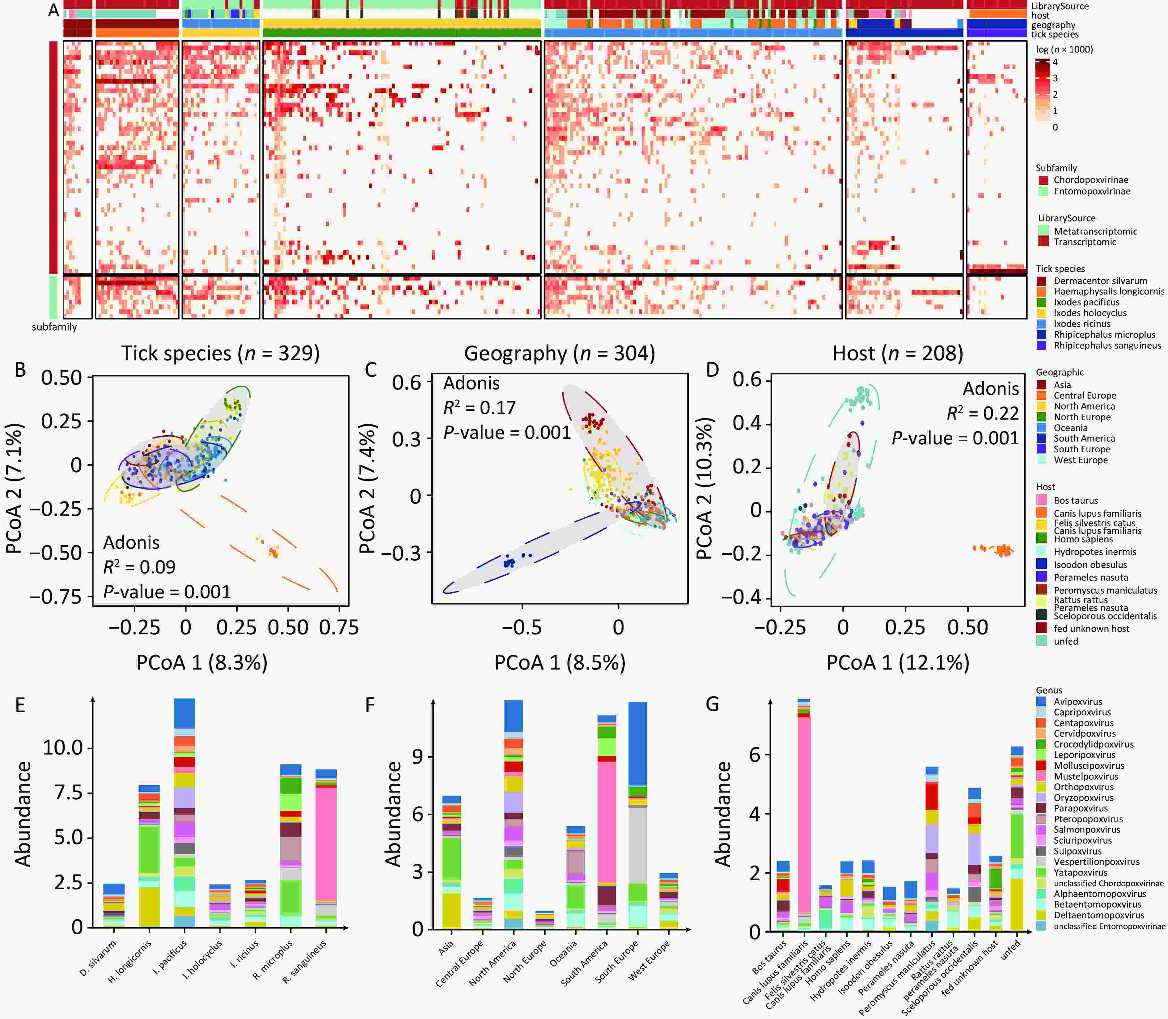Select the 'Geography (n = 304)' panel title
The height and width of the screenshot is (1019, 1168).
(560, 354)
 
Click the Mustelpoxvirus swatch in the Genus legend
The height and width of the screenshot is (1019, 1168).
(1041, 776)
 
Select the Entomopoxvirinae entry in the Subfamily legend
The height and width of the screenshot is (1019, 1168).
(1091, 191)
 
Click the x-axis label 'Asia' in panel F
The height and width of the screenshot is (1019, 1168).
(446, 947)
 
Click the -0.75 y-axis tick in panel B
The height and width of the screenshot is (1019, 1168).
(56, 597)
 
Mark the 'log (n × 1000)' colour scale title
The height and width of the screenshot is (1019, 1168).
(1064, 49)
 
